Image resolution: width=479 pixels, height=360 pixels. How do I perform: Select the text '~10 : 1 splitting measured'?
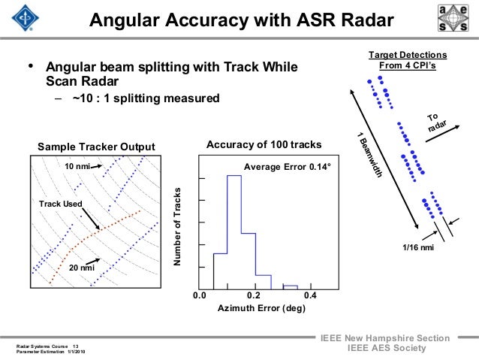click(x=146, y=98)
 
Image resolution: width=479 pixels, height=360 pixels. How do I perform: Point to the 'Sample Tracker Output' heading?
click(x=96, y=145)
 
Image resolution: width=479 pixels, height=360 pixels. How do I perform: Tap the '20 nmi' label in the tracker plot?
click(x=82, y=268)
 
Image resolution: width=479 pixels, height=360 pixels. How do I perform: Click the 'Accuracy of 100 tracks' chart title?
click(x=264, y=145)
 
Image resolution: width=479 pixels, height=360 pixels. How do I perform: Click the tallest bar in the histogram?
click(x=233, y=225)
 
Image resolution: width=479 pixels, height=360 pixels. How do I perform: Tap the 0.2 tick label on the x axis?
click(x=254, y=295)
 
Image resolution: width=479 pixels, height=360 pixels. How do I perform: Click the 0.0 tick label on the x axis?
click(x=199, y=295)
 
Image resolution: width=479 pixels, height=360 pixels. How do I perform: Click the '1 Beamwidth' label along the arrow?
click(x=372, y=155)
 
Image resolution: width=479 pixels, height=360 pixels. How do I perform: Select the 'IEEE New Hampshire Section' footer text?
click(x=384, y=339)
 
